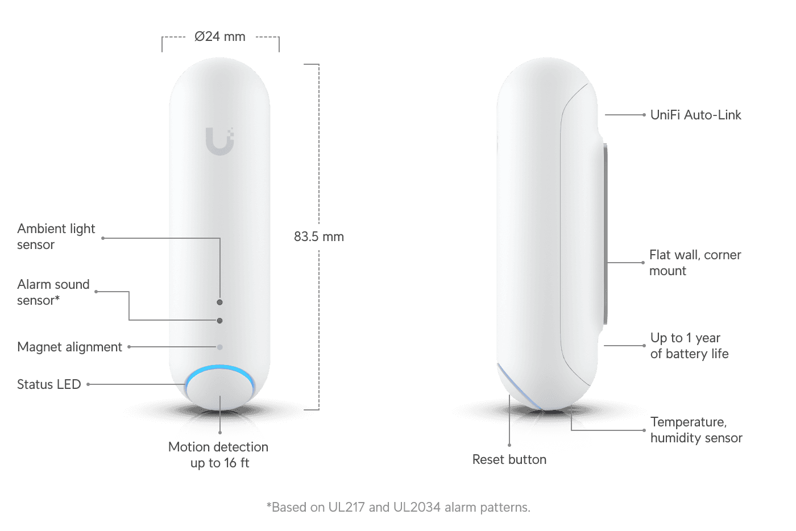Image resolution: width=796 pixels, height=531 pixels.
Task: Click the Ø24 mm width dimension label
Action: pyautogui.click(x=219, y=36)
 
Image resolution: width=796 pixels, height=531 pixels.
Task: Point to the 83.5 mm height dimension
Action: pyautogui.click(x=319, y=237)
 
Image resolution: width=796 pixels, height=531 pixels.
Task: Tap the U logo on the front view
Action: pyautogui.click(x=219, y=141)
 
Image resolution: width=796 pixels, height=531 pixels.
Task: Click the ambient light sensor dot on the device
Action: pyautogui.click(x=219, y=302)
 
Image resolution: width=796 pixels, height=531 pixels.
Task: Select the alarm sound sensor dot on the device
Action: pyautogui.click(x=219, y=321)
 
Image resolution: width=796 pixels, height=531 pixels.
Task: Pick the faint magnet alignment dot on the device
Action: pyautogui.click(x=219, y=347)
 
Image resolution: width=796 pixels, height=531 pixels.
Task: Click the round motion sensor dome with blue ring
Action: pyautogui.click(x=219, y=387)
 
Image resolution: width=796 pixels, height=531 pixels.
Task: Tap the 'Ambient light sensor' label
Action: pyautogui.click(x=56, y=237)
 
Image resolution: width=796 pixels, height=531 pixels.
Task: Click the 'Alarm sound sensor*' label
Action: pyautogui.click(x=53, y=292)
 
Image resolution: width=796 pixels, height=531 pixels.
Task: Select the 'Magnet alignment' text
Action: pyautogui.click(x=69, y=347)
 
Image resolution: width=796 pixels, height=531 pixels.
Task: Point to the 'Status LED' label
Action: pyautogui.click(x=49, y=384)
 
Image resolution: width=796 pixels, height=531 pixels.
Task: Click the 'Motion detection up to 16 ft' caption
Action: pyautogui.click(x=218, y=455)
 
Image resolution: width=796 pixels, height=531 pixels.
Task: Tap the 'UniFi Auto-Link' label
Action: pyautogui.click(x=696, y=115)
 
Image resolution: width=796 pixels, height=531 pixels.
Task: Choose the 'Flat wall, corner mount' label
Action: pyautogui.click(x=695, y=263)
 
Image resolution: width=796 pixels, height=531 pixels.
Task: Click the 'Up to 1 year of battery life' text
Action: pyautogui.click(x=689, y=346)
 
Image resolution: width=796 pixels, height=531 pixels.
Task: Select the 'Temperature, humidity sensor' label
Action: pyautogui.click(x=696, y=430)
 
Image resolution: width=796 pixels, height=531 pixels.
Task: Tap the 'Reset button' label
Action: pyautogui.click(x=509, y=459)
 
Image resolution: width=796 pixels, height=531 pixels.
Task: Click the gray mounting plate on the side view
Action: pyautogui.click(x=605, y=234)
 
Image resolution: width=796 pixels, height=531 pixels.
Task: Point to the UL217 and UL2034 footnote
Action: pyautogui.click(x=399, y=507)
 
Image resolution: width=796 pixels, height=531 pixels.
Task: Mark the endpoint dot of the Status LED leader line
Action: pyautogui.click(x=88, y=384)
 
